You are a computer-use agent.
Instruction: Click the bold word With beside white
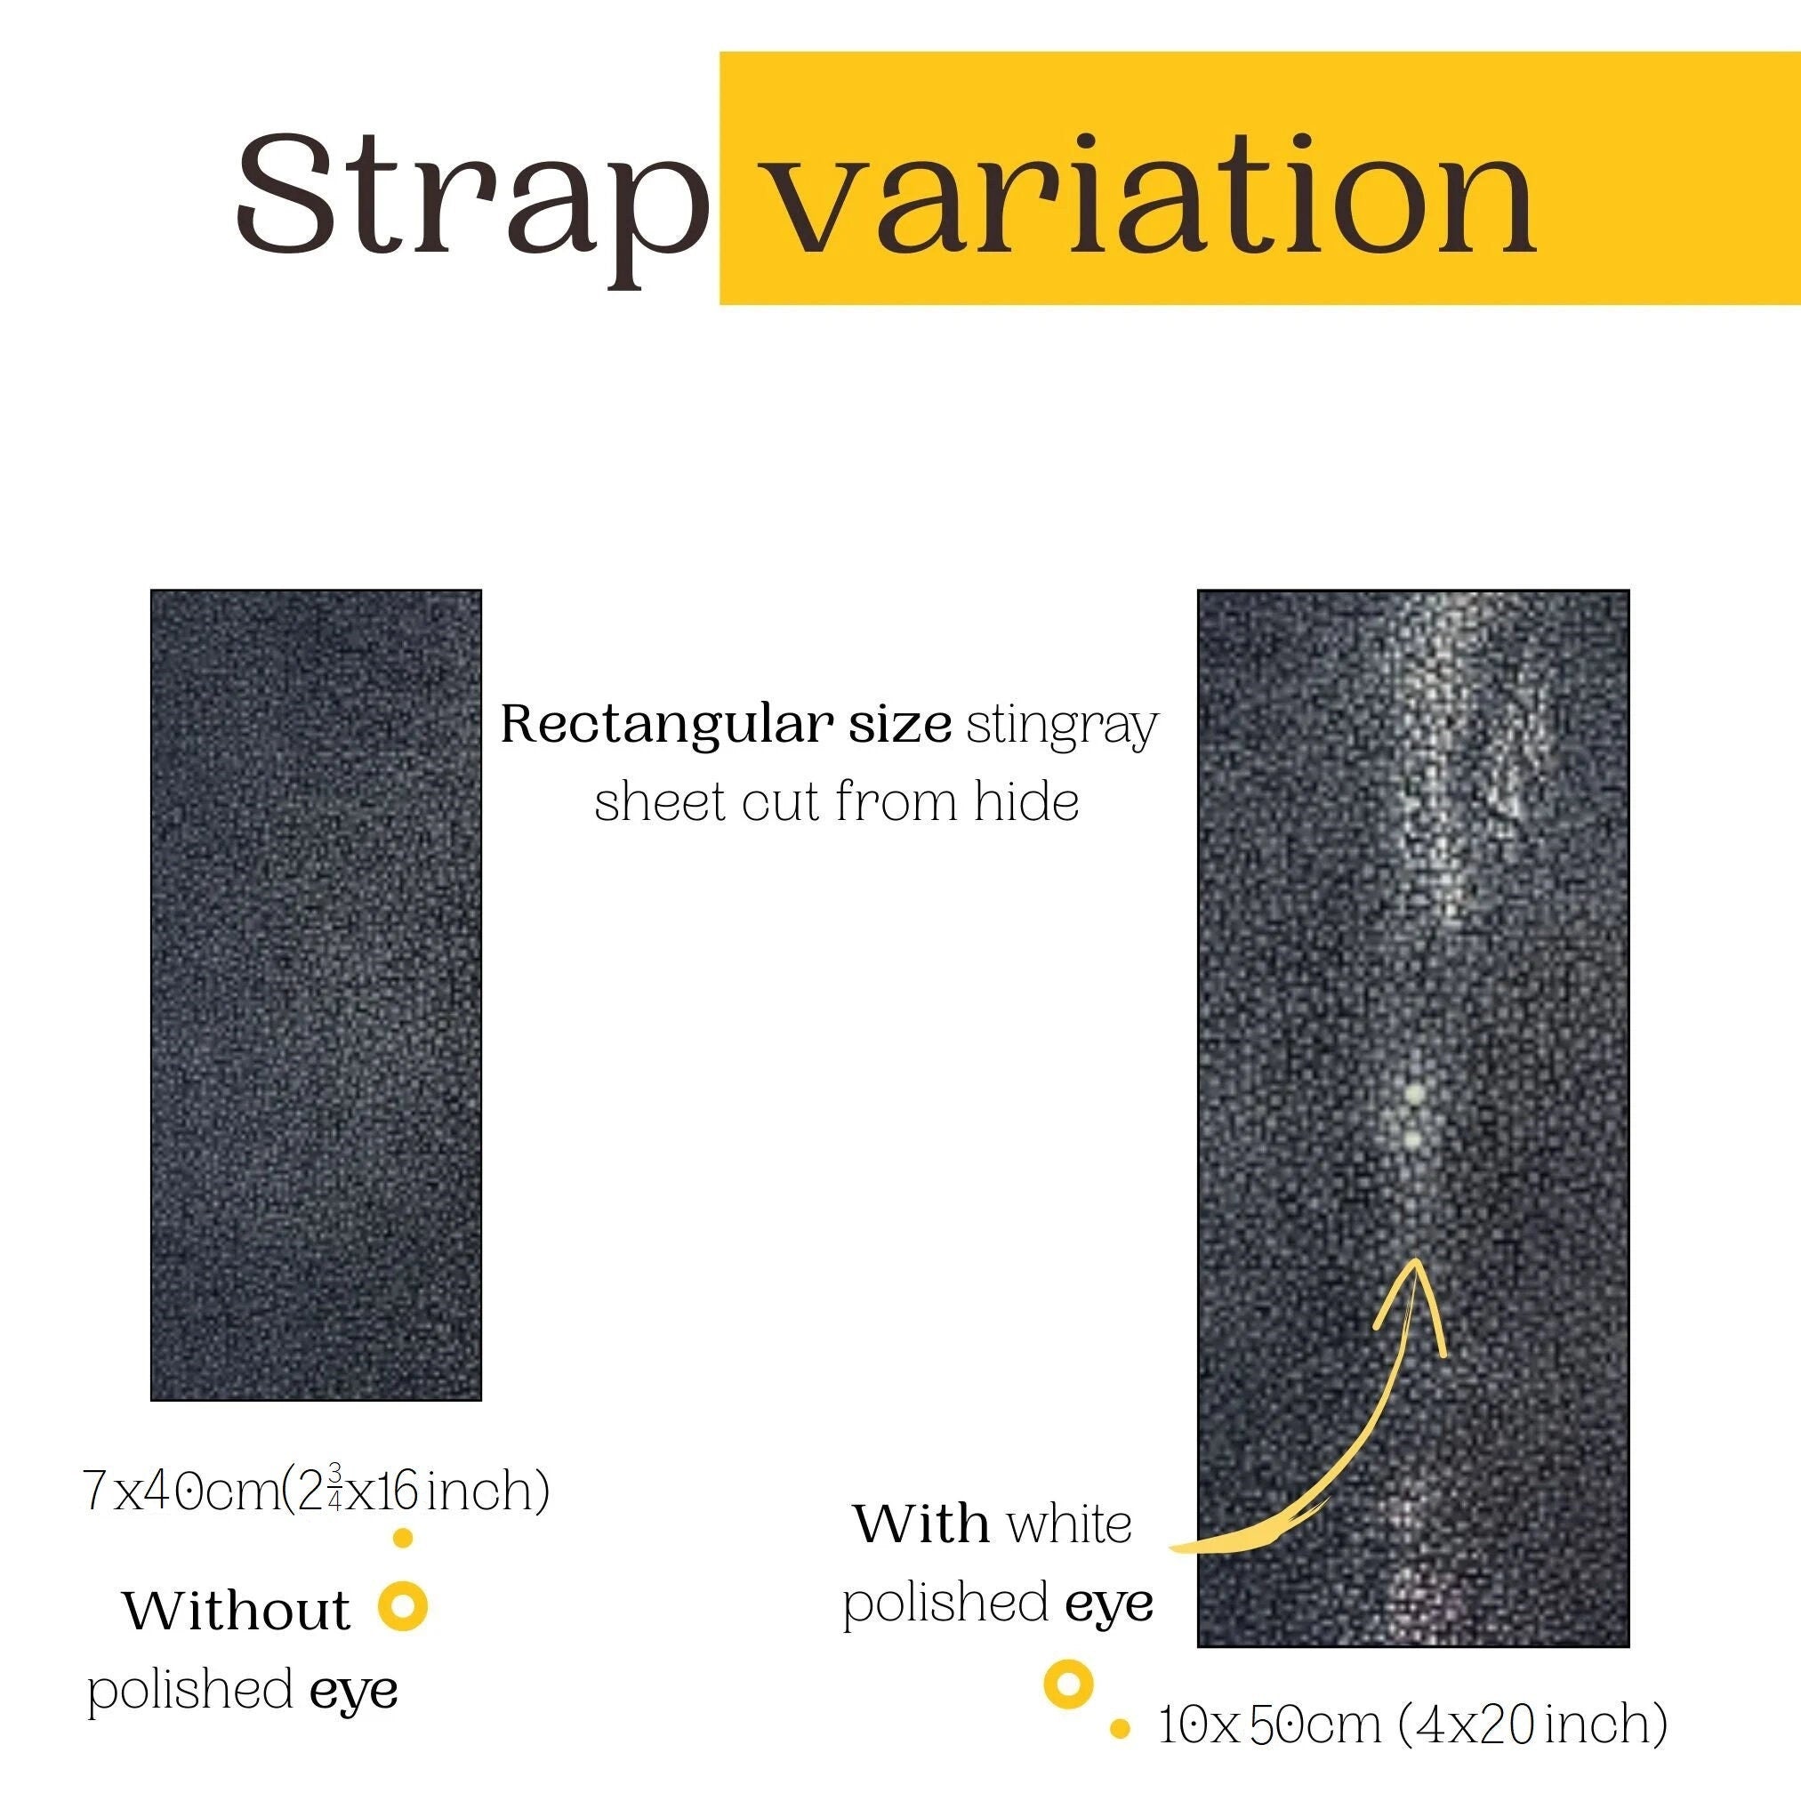click(922, 1524)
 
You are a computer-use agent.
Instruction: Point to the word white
click(1069, 1524)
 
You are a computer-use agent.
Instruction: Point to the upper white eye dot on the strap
click(1414, 1092)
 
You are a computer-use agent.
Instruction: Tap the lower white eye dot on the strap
click(1414, 1139)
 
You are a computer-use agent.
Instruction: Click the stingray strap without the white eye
click(316, 994)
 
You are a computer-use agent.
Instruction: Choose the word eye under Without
click(354, 1691)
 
